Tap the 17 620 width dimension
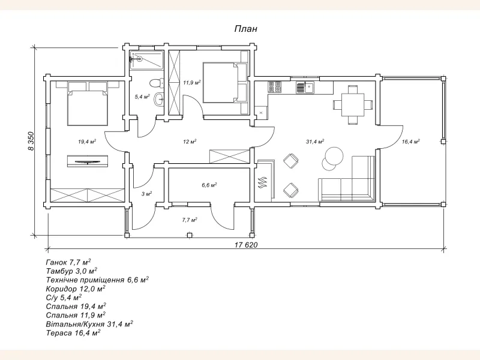(245, 244)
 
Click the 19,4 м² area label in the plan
(87, 142)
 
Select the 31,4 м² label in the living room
(314, 142)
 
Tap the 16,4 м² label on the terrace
(410, 142)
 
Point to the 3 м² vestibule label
(146, 194)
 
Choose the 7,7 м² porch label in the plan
(190, 220)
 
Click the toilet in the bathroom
(155, 82)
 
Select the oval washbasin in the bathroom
(159, 100)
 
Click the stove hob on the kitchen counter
(275, 87)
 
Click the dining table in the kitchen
(352, 103)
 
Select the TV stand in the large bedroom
(87, 161)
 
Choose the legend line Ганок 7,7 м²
(68, 262)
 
